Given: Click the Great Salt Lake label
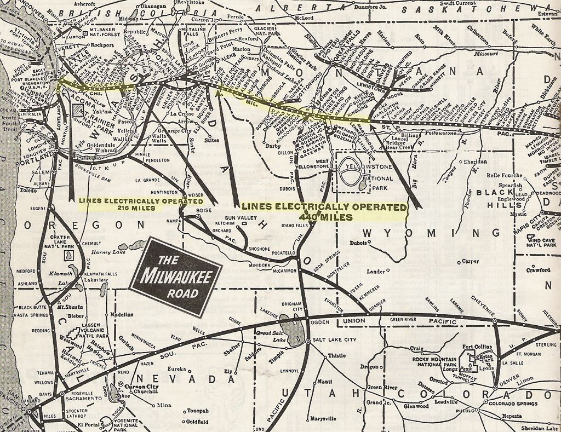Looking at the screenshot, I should tap(271, 336).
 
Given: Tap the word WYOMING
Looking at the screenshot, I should tap(431, 234).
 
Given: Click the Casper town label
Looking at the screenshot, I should tap(471, 262).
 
